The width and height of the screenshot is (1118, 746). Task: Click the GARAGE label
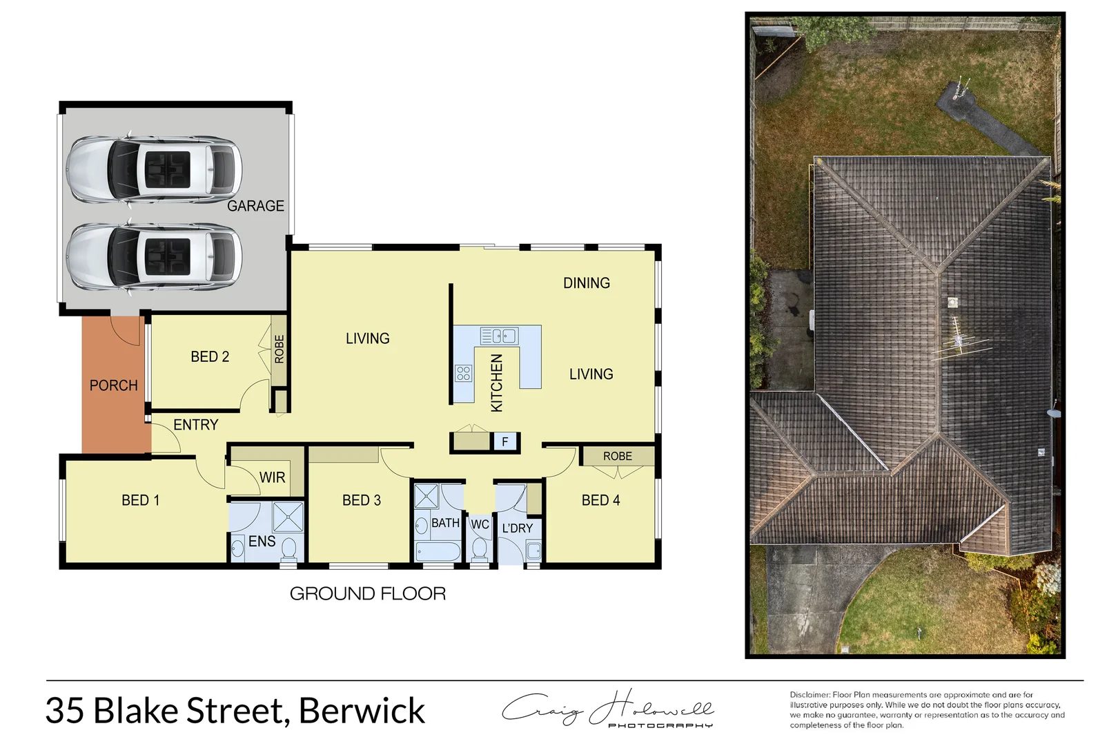coord(255,206)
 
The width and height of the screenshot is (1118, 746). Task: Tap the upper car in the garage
coord(154,170)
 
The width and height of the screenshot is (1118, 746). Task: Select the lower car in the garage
coord(154,256)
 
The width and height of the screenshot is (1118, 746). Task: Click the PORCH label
coord(113,385)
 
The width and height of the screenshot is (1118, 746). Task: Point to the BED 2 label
coord(210,356)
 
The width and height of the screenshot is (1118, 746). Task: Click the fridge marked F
coord(505,441)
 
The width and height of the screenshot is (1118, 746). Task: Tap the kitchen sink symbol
coord(499,336)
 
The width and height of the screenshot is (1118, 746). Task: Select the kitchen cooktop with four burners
coord(463,374)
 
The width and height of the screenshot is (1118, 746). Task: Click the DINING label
coord(586,283)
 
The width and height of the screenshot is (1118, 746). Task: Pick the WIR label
coord(272,477)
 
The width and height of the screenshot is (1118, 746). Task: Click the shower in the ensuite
coord(288,517)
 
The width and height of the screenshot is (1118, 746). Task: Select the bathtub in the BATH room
coord(438,552)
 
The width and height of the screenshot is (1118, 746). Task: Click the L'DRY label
coord(517,528)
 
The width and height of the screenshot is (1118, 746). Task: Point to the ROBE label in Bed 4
coord(617,457)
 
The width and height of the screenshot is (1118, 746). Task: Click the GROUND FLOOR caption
coord(367,593)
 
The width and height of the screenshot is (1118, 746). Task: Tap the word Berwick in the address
coord(362,711)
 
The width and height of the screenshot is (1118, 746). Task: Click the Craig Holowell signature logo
coord(607,709)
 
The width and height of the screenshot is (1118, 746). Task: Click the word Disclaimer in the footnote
coord(810,695)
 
